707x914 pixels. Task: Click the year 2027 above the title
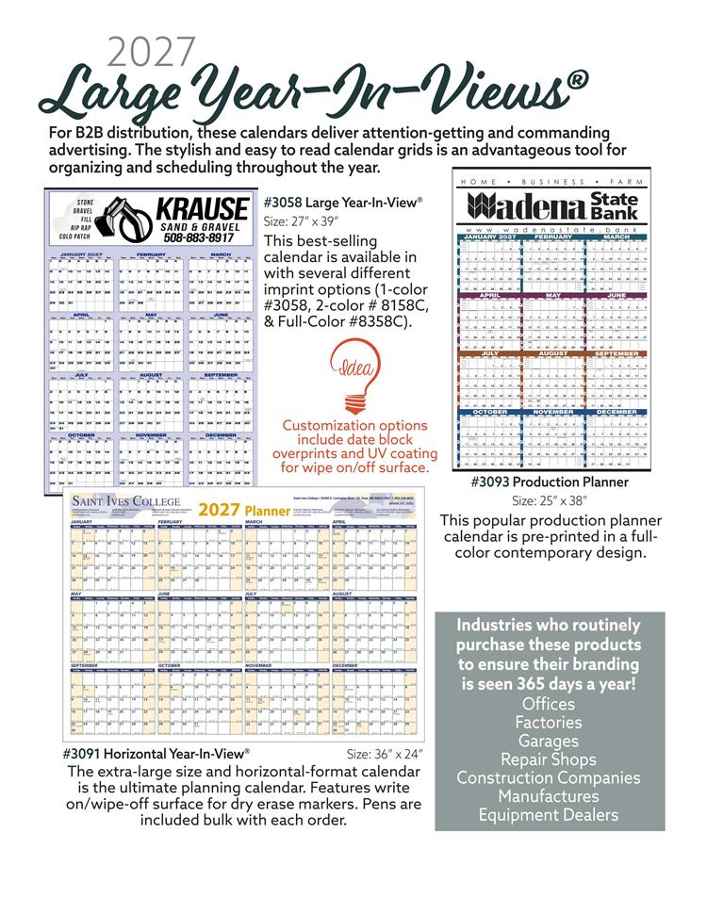click(152, 53)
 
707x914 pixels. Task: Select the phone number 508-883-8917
click(200, 238)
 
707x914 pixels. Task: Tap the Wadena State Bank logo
click(553, 207)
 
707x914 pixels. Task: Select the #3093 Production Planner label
click(550, 482)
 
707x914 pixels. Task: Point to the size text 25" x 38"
click(549, 500)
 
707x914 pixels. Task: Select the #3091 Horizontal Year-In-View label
click(156, 754)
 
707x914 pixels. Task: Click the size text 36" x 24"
click(385, 754)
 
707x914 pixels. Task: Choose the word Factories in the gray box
click(549, 723)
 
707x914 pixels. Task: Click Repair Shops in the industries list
click(549, 759)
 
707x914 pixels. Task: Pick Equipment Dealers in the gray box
click(549, 815)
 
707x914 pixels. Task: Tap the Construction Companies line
click(549, 778)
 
